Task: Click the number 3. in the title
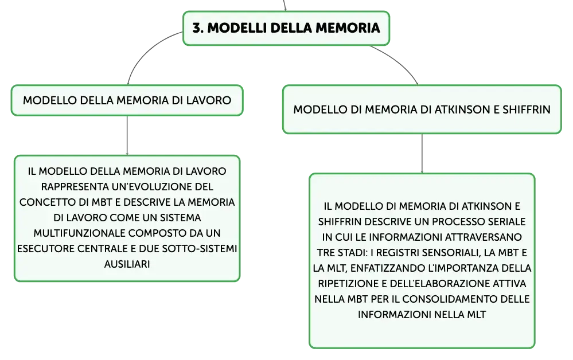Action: coord(198,28)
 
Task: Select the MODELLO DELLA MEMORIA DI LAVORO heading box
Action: coord(127,100)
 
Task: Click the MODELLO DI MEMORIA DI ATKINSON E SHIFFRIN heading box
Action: coord(422,109)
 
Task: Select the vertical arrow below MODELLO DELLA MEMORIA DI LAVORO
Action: coord(127,135)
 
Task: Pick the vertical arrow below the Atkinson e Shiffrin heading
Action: coord(422,154)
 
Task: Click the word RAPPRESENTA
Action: coord(75,187)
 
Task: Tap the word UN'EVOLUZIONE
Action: coord(153,187)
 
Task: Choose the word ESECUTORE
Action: coord(45,249)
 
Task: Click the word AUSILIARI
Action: coord(127,264)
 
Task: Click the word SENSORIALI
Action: coord(450,253)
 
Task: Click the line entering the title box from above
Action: coord(284,6)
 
